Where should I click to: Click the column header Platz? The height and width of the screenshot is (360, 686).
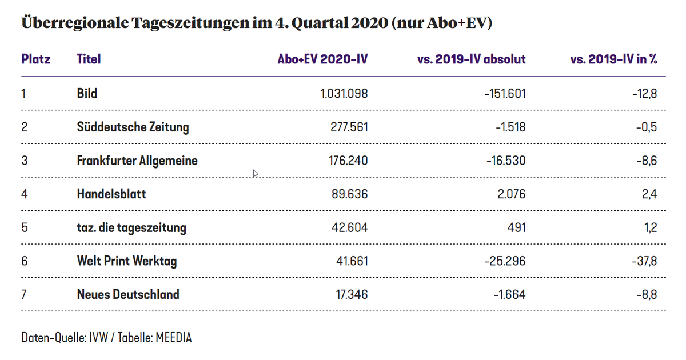(35, 59)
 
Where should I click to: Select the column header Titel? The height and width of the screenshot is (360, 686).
(89, 59)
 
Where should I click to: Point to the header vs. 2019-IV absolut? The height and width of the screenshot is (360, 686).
(472, 59)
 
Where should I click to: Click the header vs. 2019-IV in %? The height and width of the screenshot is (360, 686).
(613, 59)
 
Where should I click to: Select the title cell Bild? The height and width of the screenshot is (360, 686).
(87, 93)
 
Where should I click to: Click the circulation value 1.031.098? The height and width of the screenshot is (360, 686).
(344, 93)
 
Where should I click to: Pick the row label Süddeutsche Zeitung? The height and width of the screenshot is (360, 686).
(133, 127)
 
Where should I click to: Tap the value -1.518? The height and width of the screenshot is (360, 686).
(510, 127)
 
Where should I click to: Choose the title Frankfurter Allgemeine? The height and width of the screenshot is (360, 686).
(137, 161)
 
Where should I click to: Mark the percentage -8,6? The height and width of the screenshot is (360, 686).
(646, 161)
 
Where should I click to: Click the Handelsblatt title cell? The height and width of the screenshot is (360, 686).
(111, 194)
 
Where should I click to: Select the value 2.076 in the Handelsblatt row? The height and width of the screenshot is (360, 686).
(512, 194)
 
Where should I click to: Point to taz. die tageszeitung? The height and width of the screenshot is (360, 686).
(131, 228)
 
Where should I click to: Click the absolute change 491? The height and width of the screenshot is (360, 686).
(516, 228)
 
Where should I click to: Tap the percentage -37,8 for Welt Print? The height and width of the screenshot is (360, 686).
(644, 262)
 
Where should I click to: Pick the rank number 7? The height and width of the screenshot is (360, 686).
(24, 295)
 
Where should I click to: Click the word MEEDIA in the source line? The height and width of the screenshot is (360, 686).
(173, 338)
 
